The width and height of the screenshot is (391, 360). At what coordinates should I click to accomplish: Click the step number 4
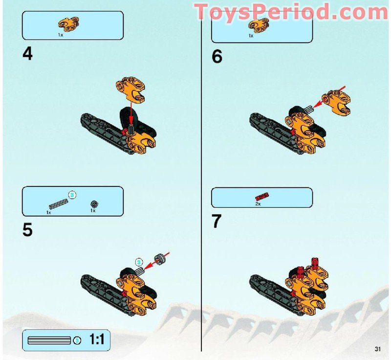pos(27,54)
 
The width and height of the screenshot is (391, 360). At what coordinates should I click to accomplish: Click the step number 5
pos(27,230)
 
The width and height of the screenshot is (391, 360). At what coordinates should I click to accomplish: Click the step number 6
pos(217,57)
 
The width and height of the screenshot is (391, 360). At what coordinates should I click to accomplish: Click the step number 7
pos(217,222)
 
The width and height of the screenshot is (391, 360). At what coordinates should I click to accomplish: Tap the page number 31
pos(377,349)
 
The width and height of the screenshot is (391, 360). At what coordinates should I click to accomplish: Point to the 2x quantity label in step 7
pos(258,204)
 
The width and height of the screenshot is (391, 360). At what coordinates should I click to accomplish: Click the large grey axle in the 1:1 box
pos(49,340)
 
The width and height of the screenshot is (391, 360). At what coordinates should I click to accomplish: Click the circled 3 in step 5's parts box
pos(72,195)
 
